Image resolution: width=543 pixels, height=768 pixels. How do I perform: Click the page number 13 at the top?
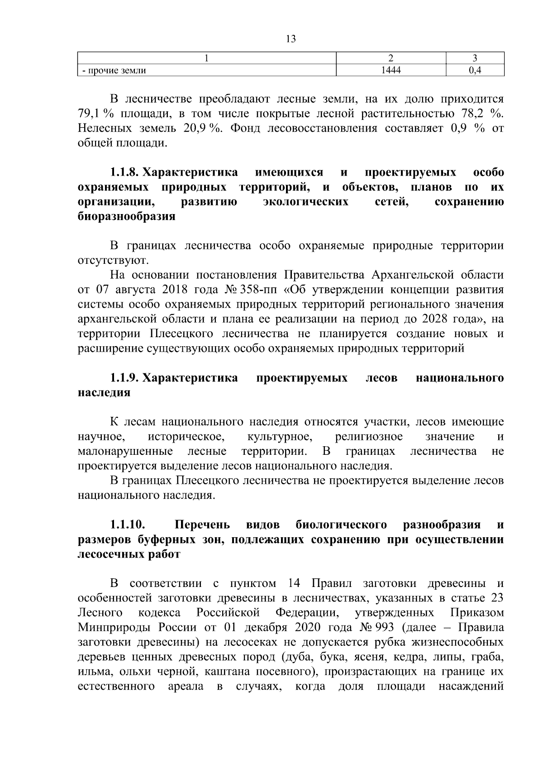pyautogui.click(x=291, y=39)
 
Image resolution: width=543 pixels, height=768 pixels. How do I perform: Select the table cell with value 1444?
pyautogui.click(x=391, y=70)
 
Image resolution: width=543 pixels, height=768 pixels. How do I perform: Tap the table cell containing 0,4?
pyautogui.click(x=475, y=70)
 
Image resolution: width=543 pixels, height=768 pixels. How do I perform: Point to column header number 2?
pyautogui.click(x=391, y=58)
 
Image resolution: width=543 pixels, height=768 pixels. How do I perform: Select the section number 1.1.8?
pyautogui.click(x=125, y=173)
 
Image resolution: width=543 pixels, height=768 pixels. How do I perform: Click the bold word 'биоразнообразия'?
pyautogui.click(x=126, y=216)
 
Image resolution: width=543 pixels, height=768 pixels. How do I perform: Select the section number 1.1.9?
pyautogui.click(x=125, y=378)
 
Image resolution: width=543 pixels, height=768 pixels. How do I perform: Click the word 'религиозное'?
pyautogui.click(x=369, y=437)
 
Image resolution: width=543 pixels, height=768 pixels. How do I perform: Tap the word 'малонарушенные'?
pyautogui.click(x=125, y=451)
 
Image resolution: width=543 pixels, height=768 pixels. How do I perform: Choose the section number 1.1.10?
pyautogui.click(x=127, y=525)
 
